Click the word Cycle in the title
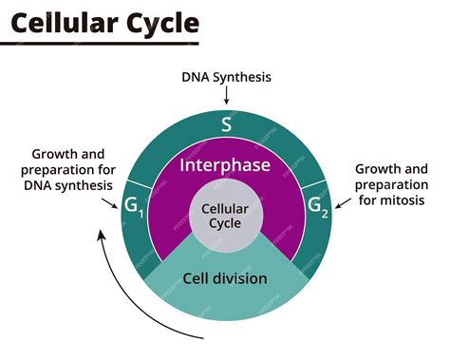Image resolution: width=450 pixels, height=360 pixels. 163,21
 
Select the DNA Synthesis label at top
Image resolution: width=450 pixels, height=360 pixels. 225,75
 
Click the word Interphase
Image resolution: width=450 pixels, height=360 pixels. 225,165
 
